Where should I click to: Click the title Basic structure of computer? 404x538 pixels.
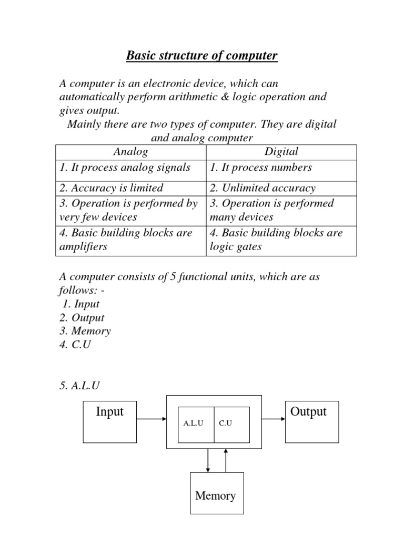(201, 55)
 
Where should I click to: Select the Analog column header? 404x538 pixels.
(130, 152)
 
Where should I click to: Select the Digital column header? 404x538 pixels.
(281, 152)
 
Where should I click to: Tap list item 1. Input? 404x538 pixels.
(80, 304)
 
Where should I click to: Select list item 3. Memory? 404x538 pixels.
(85, 331)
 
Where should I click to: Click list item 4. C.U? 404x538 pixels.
(75, 345)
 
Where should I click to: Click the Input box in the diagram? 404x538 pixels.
(109, 421)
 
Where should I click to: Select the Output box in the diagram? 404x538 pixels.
(312, 421)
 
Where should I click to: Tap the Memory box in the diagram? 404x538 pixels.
(216, 493)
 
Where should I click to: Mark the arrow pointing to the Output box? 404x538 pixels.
(273, 419)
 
